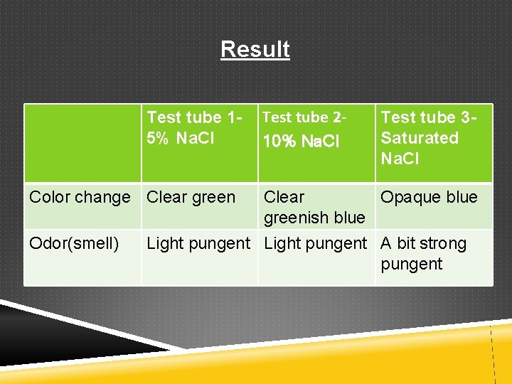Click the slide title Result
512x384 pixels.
(x=255, y=49)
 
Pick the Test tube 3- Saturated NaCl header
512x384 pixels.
(x=428, y=137)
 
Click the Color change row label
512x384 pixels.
(x=80, y=197)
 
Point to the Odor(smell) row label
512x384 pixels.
(x=74, y=243)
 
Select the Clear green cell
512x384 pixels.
(x=191, y=197)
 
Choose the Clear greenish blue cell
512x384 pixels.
(x=314, y=207)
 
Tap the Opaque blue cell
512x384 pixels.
(x=429, y=197)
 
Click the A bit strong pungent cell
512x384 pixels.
(x=423, y=253)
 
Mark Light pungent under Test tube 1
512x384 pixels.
(x=198, y=243)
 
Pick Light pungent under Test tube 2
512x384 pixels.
(x=316, y=243)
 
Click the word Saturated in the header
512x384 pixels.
(x=420, y=137)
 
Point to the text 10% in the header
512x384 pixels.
(x=279, y=142)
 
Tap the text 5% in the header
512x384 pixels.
(x=159, y=138)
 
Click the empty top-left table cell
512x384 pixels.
(x=82, y=143)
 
